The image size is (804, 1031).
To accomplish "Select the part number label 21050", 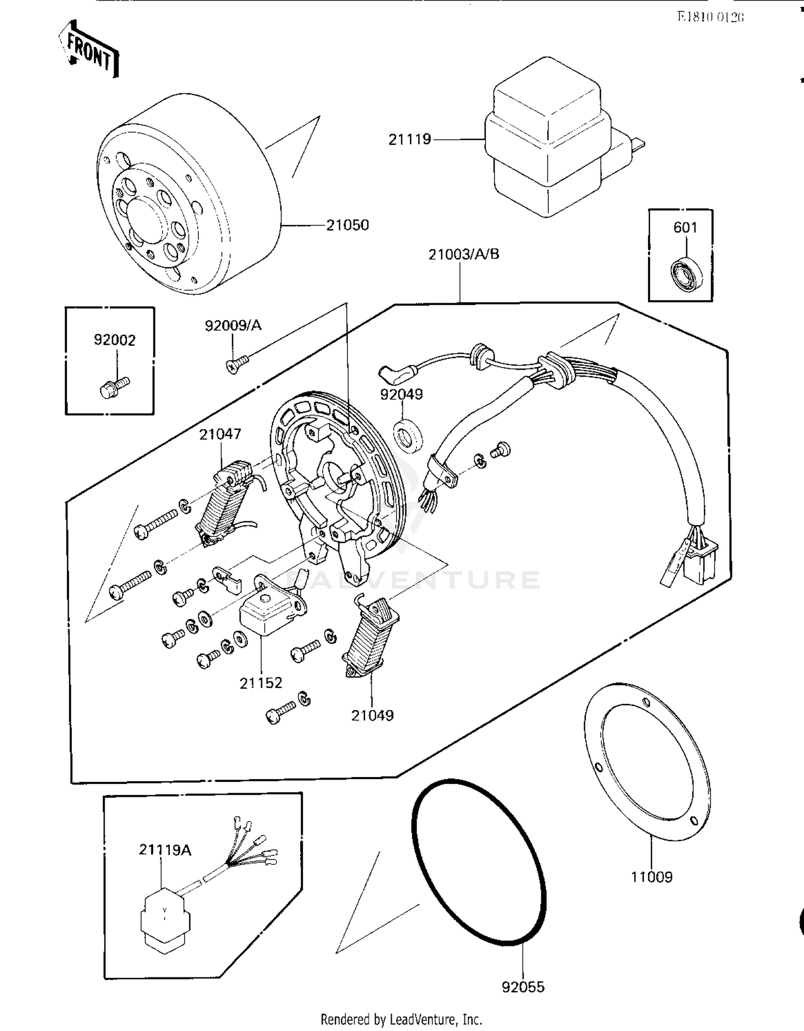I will click(x=347, y=225).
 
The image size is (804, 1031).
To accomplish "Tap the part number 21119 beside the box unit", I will click(x=410, y=139).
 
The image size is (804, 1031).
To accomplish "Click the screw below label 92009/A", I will click(x=236, y=365).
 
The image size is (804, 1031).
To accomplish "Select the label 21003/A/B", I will click(x=464, y=254).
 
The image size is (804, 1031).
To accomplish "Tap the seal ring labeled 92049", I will click(x=408, y=436).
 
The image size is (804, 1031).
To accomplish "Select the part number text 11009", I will click(x=651, y=877).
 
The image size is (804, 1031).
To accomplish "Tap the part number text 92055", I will click(x=523, y=987).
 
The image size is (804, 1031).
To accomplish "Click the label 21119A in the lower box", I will click(x=165, y=849).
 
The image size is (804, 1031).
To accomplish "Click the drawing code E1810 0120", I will click(x=710, y=17).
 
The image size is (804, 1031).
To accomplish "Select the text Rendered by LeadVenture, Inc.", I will click(x=401, y=1019).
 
